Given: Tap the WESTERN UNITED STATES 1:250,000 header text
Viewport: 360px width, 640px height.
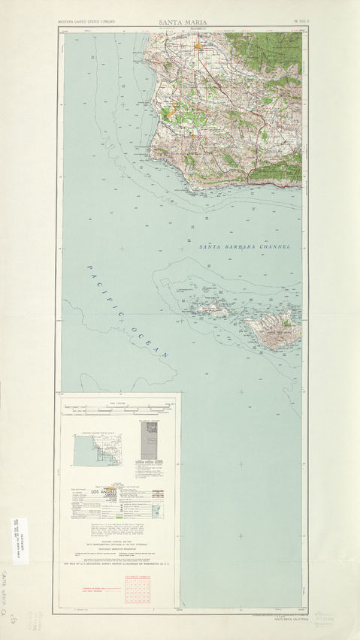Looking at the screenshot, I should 89,23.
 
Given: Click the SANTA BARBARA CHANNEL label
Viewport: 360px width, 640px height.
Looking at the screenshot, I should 244,246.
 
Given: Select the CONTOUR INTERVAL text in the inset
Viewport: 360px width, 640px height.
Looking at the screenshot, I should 119,545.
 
